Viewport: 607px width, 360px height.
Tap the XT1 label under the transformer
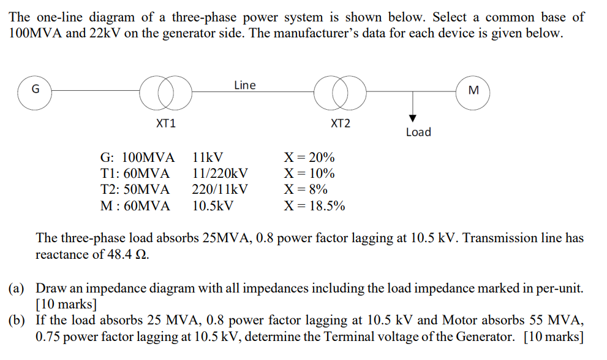pos(166,124)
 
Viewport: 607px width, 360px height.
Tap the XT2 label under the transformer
pos(341,124)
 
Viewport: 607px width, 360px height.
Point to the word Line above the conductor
pos(244,85)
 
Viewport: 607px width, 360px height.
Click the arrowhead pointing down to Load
pos(413,118)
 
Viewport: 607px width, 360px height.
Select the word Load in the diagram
pos(418,132)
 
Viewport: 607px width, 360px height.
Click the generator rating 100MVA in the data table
pos(148,158)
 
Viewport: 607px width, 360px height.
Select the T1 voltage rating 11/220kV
pos(221,173)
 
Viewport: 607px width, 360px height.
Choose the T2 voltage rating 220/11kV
pos(220,190)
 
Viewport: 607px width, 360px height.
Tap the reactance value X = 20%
pos(309,158)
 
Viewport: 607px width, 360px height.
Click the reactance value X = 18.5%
pos(314,206)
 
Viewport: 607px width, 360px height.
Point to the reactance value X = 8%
pos(306,190)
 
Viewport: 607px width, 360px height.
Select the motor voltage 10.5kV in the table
pos(213,206)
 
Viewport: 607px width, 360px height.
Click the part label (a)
pos(17,288)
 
